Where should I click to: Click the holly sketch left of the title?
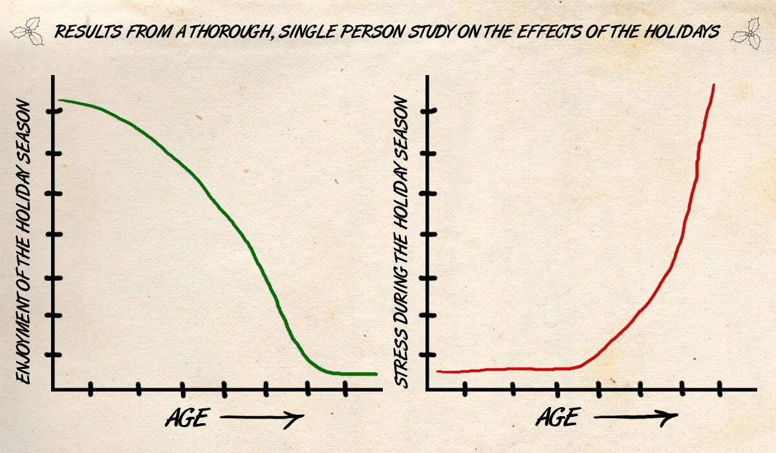coord(29,30)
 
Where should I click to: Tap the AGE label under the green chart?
coord(187,418)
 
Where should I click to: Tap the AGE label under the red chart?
coord(558,417)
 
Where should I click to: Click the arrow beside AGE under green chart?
coord(262,419)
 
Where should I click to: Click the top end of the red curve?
coord(713,85)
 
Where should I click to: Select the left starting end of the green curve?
coord(60,100)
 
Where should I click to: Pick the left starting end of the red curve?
coord(438,371)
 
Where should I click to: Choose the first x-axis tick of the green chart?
coord(91,389)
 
